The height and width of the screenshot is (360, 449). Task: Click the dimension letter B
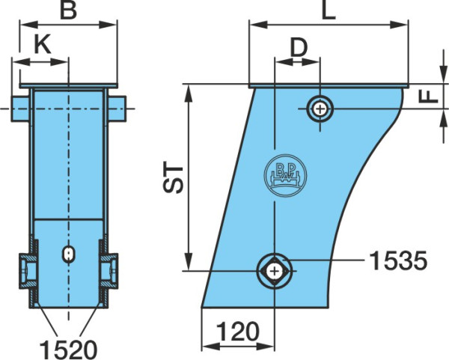(68, 10)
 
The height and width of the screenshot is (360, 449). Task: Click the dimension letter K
(43, 44)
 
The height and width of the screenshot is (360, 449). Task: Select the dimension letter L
(329, 11)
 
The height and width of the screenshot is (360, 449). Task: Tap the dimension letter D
(299, 47)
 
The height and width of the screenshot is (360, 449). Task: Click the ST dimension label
(173, 179)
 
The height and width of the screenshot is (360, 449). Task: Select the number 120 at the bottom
(238, 332)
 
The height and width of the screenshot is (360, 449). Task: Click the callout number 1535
(398, 261)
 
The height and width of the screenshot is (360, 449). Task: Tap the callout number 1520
(68, 350)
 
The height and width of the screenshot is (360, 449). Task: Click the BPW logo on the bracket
(285, 175)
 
